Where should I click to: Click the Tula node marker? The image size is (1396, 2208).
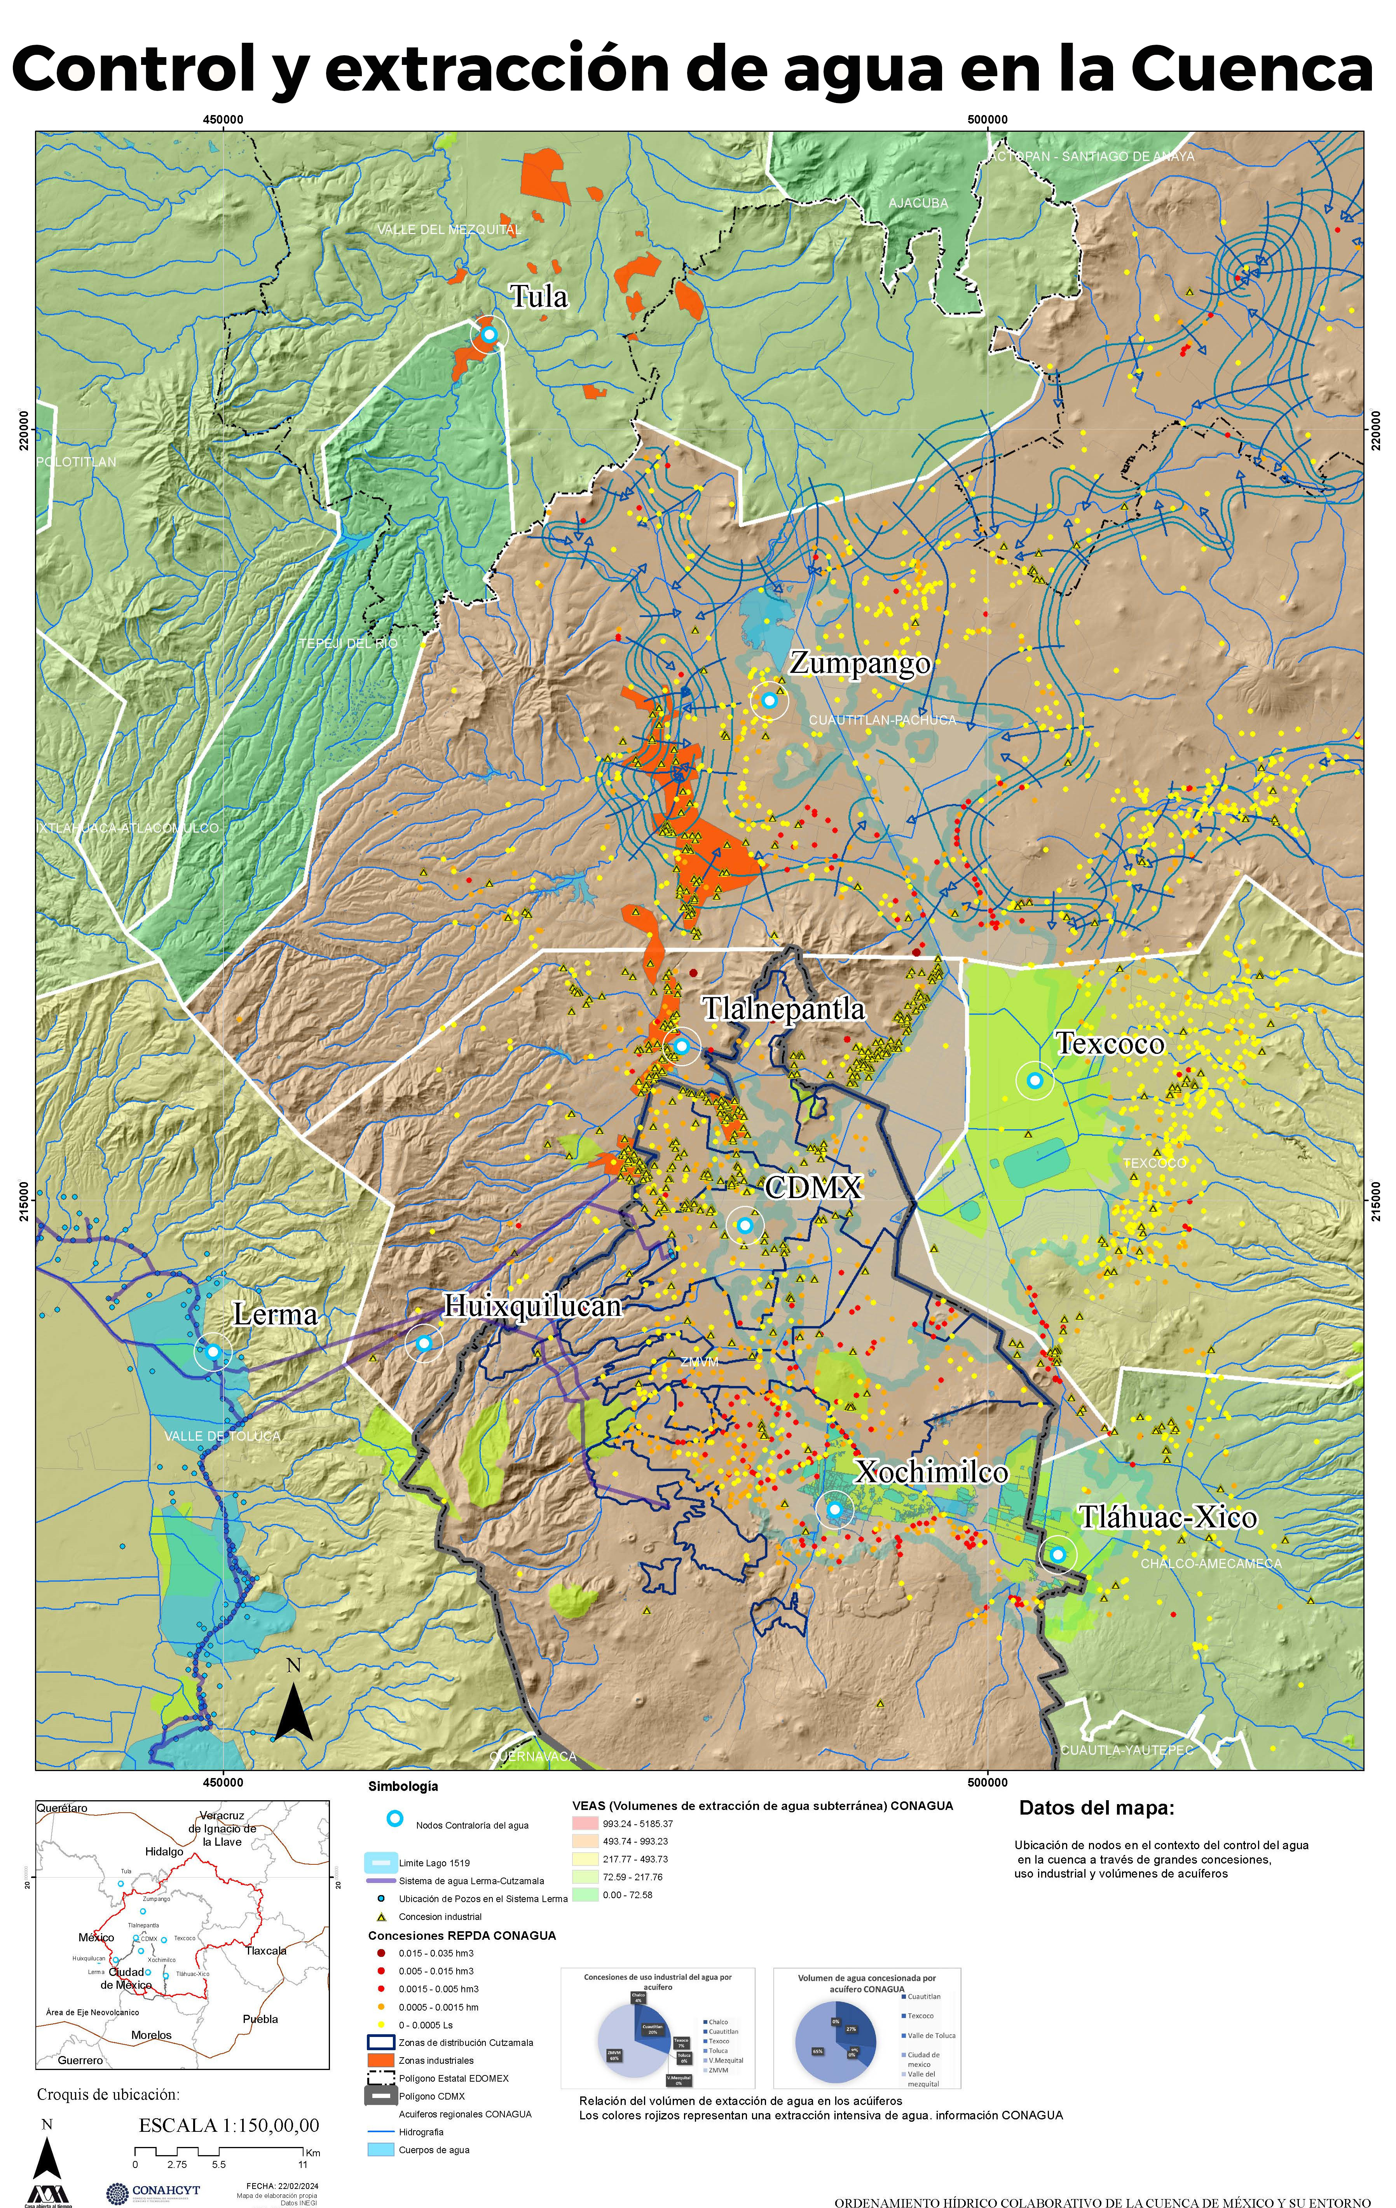click(x=489, y=335)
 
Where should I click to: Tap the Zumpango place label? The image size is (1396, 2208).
click(x=860, y=663)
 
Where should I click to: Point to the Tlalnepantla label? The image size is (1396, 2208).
click(x=784, y=1009)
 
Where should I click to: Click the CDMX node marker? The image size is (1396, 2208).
click(x=745, y=1225)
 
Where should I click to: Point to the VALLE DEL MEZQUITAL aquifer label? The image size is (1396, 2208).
click(x=449, y=229)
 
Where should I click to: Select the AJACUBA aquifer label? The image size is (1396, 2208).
click(x=918, y=203)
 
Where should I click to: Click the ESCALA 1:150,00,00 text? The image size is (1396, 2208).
click(x=229, y=2124)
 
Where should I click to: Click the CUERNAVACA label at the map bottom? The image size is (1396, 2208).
click(x=534, y=1756)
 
